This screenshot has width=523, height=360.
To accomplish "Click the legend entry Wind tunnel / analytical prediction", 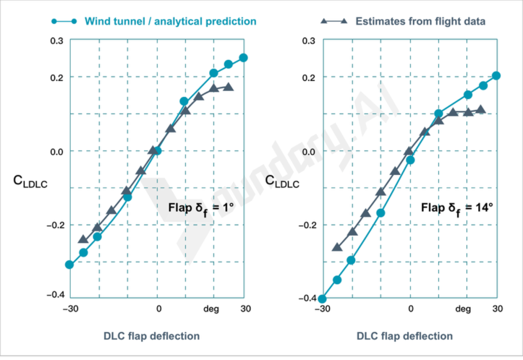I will click(170, 21).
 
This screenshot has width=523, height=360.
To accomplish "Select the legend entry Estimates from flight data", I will click(420, 21).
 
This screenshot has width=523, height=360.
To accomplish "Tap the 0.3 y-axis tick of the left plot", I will click(57, 41).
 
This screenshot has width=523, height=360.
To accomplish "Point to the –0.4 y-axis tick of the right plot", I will click(307, 298).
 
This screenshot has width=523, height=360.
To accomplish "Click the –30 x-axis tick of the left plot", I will click(69, 309).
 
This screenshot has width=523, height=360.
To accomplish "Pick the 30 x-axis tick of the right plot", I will click(497, 309).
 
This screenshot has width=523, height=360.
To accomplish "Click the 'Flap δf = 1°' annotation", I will click(201, 209).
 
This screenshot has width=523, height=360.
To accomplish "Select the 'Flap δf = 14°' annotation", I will click(457, 209).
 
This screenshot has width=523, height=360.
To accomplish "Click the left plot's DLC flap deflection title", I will click(152, 336).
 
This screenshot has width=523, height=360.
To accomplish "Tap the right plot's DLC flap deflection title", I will click(405, 336).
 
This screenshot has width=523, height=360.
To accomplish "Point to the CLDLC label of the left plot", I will click(30, 181).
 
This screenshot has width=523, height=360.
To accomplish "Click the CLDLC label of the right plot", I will click(282, 181).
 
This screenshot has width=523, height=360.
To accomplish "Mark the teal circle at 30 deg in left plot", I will click(243, 58).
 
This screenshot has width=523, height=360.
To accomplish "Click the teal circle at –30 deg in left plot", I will click(69, 265).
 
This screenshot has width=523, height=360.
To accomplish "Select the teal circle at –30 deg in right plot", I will click(322, 299).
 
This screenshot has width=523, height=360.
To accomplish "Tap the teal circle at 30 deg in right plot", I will click(496, 76).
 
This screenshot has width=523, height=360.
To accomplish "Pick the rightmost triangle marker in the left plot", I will click(229, 87).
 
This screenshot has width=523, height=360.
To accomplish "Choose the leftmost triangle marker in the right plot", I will click(337, 247).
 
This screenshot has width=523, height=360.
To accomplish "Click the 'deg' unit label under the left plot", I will click(211, 309).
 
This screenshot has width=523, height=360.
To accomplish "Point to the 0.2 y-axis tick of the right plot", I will click(309, 77).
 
